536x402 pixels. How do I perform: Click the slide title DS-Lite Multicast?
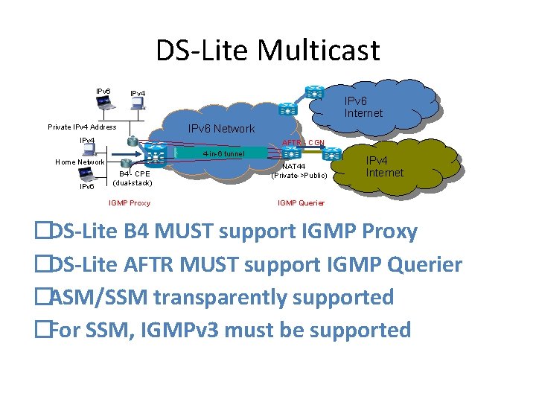tap(267, 50)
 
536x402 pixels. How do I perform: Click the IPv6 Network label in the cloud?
tap(220, 128)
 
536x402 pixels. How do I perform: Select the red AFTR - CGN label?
tap(303, 142)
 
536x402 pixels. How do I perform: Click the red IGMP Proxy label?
tap(129, 202)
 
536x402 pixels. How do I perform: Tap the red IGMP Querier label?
tap(301, 202)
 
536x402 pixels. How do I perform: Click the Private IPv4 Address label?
tap(82, 127)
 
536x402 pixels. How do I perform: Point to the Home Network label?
tap(80, 162)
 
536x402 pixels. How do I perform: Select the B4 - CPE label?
tap(134, 174)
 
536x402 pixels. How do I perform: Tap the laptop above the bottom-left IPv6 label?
tap(87, 175)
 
